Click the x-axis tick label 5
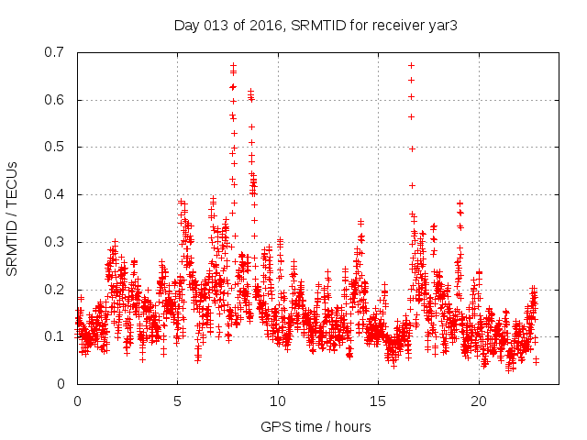click(177, 401)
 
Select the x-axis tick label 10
click(278, 401)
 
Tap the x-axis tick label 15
click(378, 401)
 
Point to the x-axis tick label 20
click(479, 401)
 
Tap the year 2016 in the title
click(265, 25)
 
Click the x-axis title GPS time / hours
click(316, 426)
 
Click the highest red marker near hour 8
click(233, 65)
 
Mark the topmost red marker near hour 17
click(411, 65)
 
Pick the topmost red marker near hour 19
click(460, 203)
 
